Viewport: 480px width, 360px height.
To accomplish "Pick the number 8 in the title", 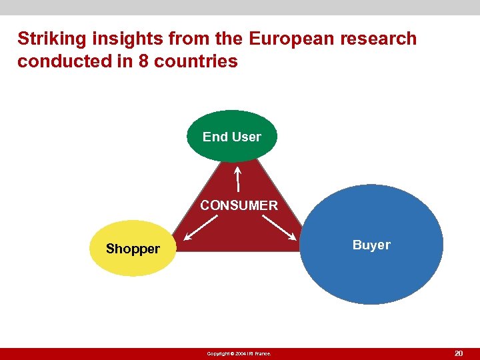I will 141,61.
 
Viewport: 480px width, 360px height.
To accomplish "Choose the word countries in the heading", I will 196,61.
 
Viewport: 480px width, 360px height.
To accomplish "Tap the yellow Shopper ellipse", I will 133,248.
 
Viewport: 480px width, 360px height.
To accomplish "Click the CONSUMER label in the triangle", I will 239,205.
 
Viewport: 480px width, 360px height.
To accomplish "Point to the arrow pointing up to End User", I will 238,179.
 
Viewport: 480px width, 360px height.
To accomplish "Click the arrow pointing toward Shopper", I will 201,227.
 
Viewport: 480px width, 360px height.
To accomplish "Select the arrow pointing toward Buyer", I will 281,227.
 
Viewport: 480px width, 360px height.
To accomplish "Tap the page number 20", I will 459,353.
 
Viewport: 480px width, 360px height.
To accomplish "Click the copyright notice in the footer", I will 239,353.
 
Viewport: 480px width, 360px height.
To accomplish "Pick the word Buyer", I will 371,245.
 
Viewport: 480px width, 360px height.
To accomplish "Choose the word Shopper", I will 133,249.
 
